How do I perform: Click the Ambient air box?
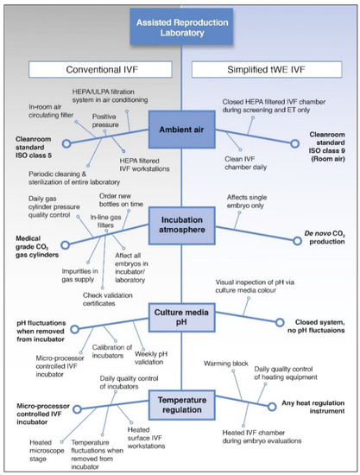pyautogui.click(x=180, y=130)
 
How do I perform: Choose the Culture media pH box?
pyautogui.click(x=180, y=315)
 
